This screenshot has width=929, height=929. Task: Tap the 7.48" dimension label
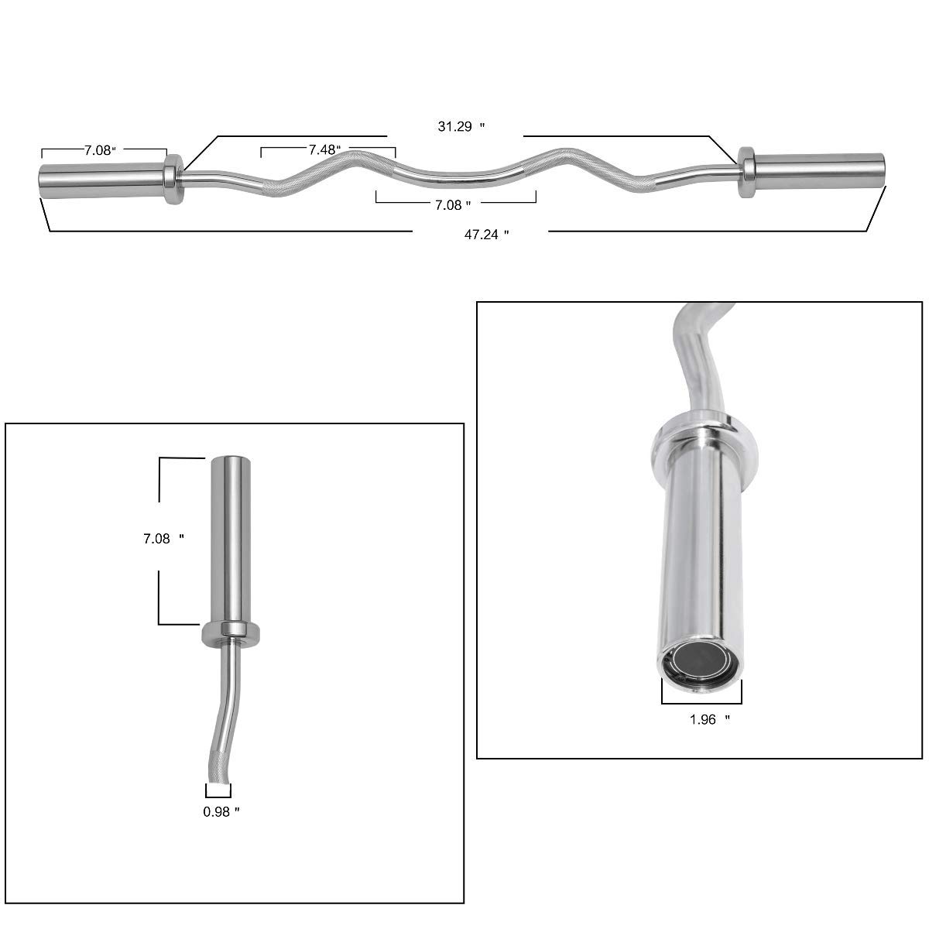pos(325,149)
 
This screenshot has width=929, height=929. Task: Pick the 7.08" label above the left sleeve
pos(99,151)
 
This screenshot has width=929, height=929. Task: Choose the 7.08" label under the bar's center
pos(453,204)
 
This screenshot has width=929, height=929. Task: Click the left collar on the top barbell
pos(173,177)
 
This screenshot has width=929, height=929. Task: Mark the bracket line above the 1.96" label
pos(701,702)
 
